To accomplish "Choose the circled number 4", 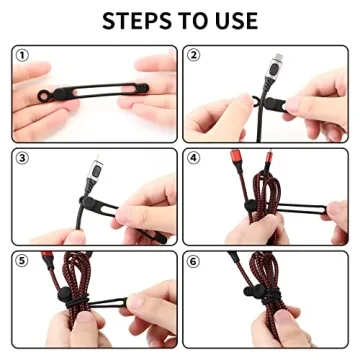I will [x=194, y=157].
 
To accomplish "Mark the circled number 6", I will [x=194, y=258].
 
